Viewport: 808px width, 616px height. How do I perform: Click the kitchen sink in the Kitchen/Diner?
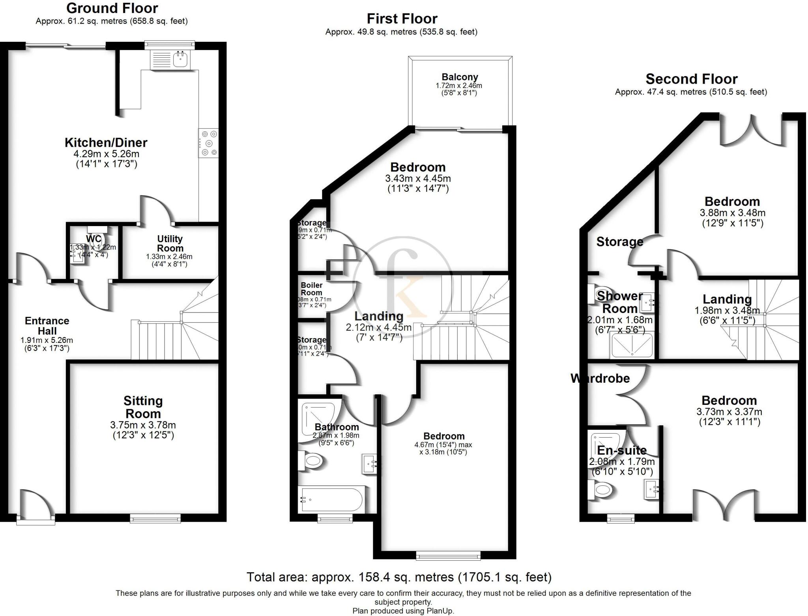coord(181,60)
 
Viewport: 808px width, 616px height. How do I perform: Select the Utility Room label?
coord(170,243)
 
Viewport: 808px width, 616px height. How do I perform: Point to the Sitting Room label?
coord(143,407)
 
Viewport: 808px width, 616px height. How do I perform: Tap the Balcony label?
coord(460,77)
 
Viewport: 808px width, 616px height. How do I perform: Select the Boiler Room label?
coord(311,289)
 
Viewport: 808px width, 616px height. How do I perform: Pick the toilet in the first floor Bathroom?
coord(311,460)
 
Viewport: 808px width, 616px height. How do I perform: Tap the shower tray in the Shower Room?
coord(631,345)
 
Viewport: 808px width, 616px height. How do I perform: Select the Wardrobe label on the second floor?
coord(600,378)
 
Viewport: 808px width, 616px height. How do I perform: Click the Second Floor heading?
coord(691,79)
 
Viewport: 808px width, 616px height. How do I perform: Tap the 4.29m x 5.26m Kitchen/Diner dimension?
coord(107,154)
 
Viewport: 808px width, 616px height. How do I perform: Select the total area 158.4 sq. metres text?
coord(399,577)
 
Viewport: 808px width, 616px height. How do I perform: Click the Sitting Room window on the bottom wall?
coord(155,518)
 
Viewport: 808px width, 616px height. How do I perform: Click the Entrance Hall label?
coord(47,326)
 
